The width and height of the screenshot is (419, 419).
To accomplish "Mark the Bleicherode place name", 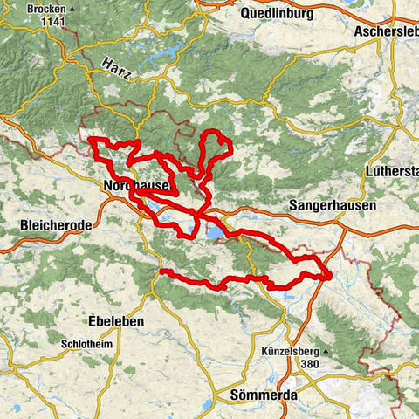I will (x=55, y=226).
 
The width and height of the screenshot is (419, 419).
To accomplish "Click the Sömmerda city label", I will (x=264, y=395).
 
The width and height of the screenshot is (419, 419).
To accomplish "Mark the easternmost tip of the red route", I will (x=331, y=277).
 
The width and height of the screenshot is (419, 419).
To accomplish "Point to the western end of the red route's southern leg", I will (x=161, y=272).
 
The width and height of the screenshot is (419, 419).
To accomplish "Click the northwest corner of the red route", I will (x=92, y=139).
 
